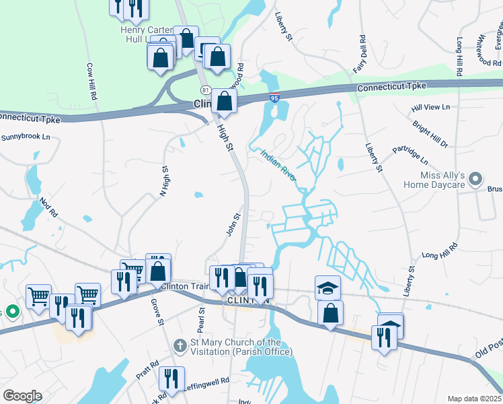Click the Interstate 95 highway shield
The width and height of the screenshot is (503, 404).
tap(274, 98)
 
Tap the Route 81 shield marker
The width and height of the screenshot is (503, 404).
tap(205, 90)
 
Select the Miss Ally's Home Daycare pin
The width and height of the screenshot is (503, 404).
tap(476, 179)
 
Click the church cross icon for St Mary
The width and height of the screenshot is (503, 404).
tap(180, 346)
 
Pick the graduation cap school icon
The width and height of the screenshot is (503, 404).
tap(327, 288)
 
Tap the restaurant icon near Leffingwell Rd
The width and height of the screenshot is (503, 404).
tap(173, 379)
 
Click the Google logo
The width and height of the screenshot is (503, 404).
tap(22, 396)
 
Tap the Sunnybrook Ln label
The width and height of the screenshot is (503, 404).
tap(26, 137)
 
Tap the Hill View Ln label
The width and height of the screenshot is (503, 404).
tap(430, 107)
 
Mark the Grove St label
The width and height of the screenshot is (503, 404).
tap(158, 312)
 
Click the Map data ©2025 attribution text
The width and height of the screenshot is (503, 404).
tap(473, 399)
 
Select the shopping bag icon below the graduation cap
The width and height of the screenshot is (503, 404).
tap(330, 313)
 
